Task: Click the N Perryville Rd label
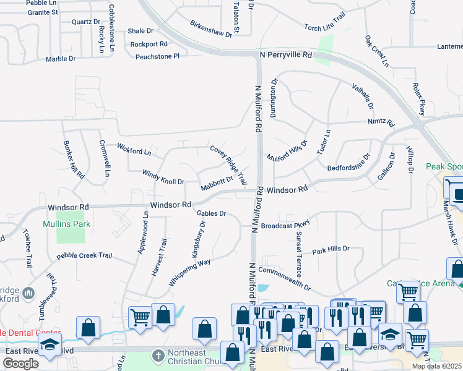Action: pyautogui.click(x=284, y=55)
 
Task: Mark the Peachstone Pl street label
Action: pyautogui.click(x=157, y=56)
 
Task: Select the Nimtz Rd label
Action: pyautogui.click(x=381, y=122)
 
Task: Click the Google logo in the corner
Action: pyautogui.click(x=20, y=364)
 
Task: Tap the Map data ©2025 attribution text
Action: pyautogui.click(x=436, y=366)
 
